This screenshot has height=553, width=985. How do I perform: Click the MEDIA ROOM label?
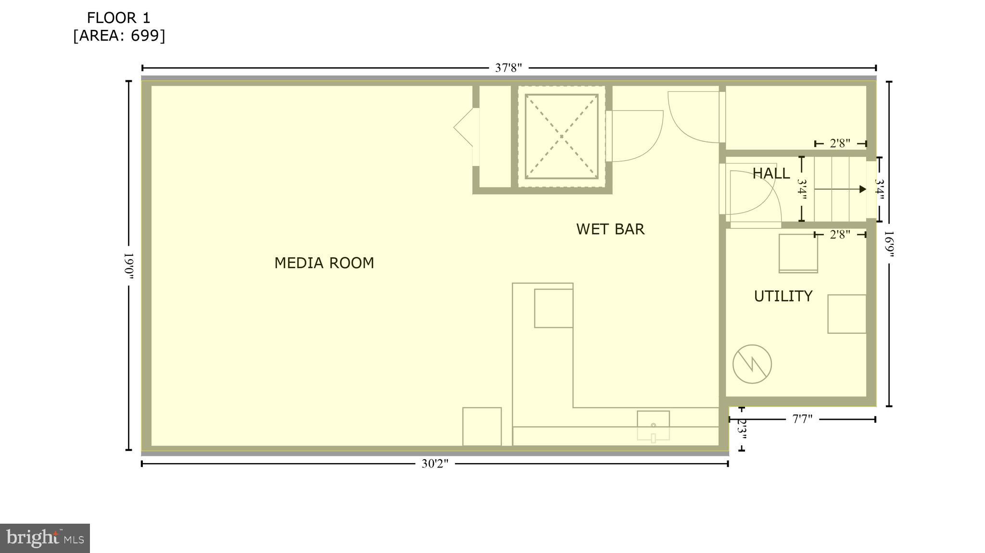(324, 263)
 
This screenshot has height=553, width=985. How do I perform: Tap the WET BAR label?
(610, 229)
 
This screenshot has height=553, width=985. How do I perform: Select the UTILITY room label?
(783, 296)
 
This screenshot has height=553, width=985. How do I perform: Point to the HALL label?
(770, 174)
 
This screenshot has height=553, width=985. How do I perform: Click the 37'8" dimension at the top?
(508, 68)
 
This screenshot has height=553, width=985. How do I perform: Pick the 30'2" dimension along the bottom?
(435, 464)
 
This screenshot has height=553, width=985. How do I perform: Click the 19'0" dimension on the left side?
(128, 265)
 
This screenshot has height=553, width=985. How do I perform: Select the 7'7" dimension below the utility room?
(802, 419)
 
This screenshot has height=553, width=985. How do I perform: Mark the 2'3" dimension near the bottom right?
(742, 429)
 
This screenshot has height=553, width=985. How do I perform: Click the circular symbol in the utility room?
(752, 364)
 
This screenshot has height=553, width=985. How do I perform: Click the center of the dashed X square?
(561, 137)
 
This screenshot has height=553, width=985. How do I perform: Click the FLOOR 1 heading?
(118, 18)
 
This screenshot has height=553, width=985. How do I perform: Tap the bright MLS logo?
(45, 538)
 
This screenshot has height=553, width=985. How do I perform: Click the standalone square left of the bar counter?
(481, 426)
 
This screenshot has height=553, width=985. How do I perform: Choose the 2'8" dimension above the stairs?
(840, 143)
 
